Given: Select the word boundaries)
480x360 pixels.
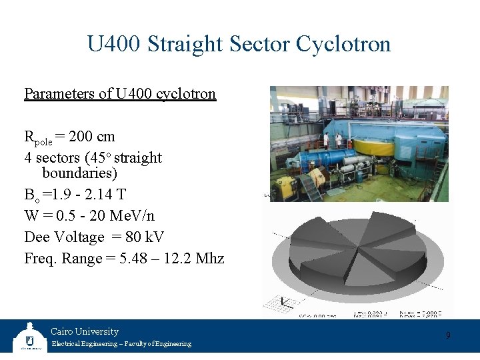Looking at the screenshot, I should pos(79,173).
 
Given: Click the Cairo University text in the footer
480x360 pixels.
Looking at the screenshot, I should pos(85,331).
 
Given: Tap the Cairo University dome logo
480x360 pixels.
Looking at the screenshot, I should pos(29,337).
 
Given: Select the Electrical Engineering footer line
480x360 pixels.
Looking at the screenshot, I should pos(121,344).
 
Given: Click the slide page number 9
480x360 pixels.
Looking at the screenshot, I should pos(448,335).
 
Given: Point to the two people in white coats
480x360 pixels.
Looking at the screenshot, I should pos(332,141).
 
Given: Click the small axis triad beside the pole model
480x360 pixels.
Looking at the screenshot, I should pos(285,303).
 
